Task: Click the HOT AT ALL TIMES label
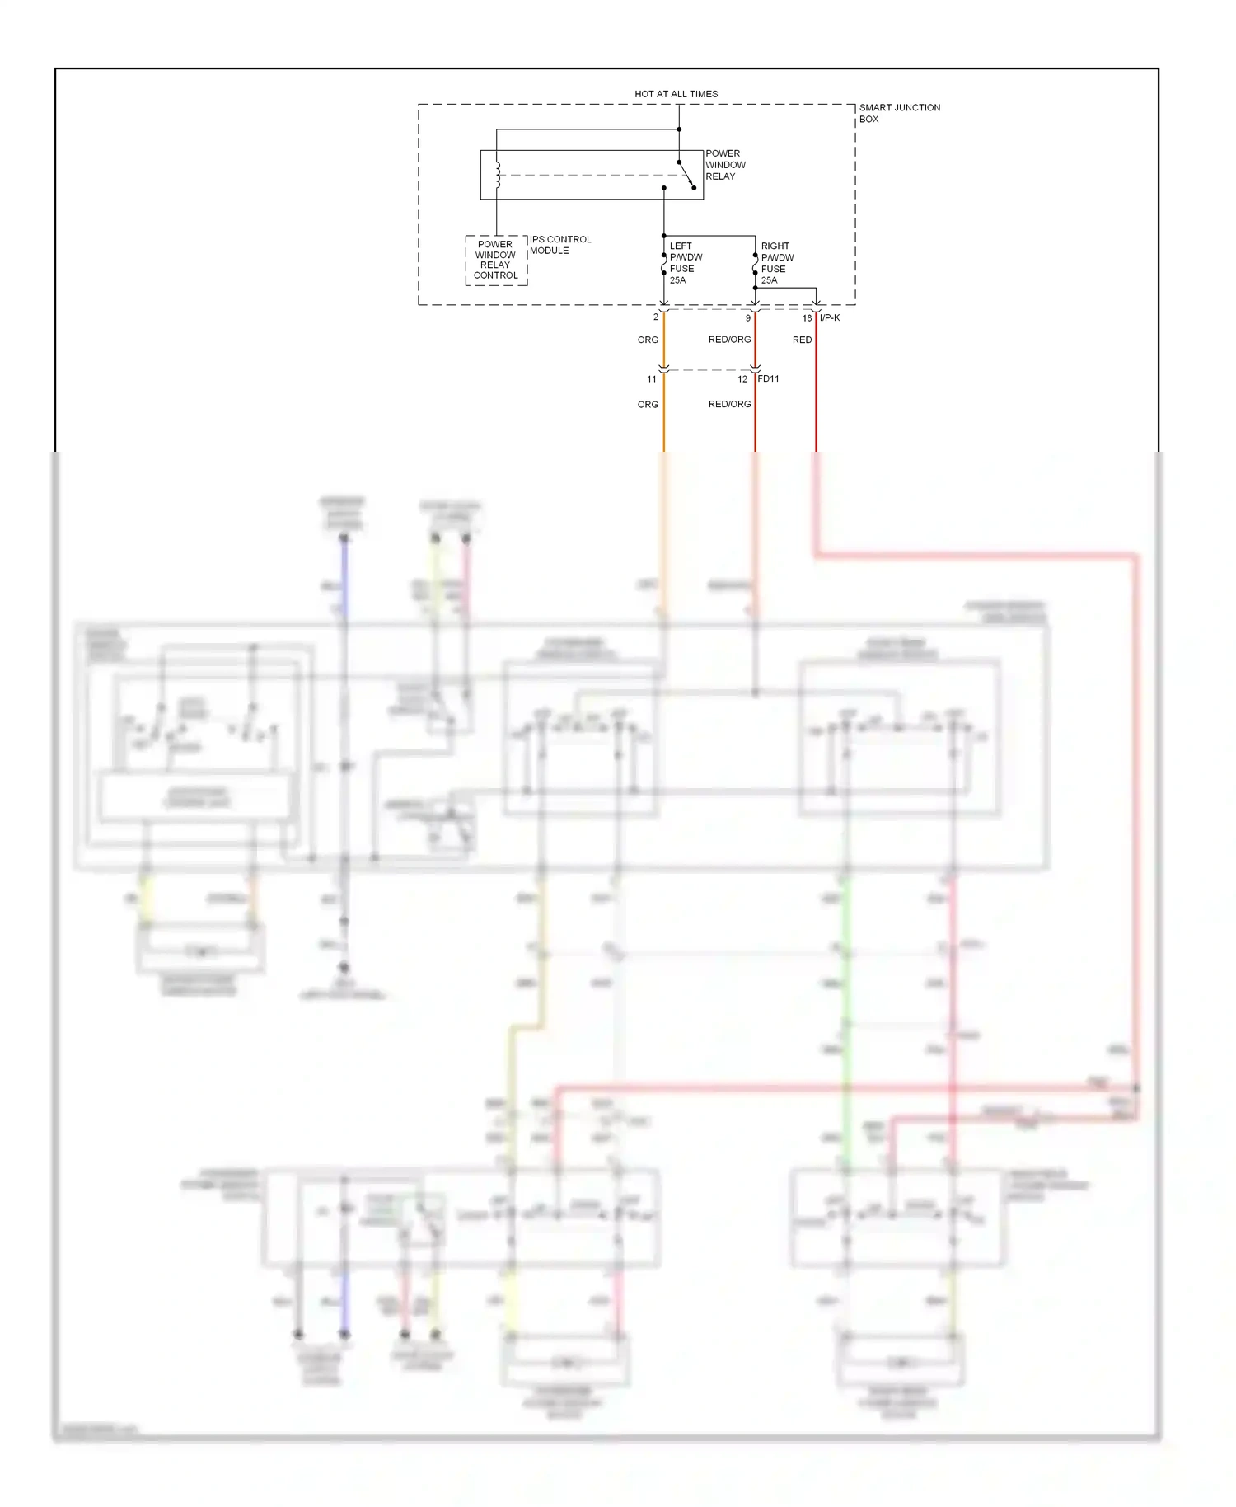tap(676, 94)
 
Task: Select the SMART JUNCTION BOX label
tap(899, 113)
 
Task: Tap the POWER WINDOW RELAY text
tap(725, 165)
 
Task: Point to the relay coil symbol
tap(498, 175)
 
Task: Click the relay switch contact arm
tap(686, 174)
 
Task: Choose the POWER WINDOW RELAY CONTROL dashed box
tap(495, 260)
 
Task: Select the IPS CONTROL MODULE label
tap(560, 245)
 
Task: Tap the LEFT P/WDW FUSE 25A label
tap(686, 263)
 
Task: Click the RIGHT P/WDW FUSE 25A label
tap(777, 263)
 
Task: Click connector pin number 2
tap(656, 317)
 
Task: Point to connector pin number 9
tap(748, 318)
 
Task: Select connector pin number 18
tap(807, 318)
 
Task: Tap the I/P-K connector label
tap(830, 318)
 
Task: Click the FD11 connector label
tap(768, 379)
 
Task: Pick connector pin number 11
tap(652, 379)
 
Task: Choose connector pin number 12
tap(742, 379)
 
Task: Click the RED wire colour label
tap(802, 340)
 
